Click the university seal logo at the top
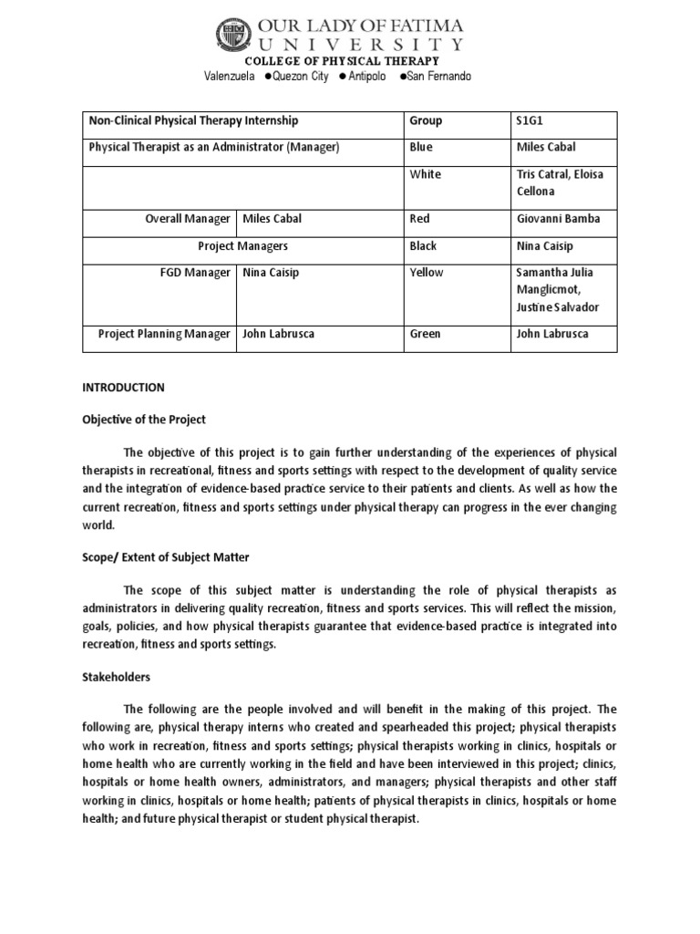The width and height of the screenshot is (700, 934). pos(232,36)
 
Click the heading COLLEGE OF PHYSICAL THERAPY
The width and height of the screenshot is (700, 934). pos(349,61)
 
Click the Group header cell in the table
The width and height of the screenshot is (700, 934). pos(426,120)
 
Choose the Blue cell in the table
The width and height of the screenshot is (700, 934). pos(422,147)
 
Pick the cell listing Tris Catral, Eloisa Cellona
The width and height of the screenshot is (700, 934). pos(561,182)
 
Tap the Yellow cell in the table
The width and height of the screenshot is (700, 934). pos(427,273)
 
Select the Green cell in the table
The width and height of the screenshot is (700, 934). pos(425,334)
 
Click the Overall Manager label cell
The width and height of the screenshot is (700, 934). pos(188,219)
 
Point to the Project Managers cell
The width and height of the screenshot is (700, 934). pos(242,246)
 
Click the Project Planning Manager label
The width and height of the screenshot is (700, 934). pos(164,334)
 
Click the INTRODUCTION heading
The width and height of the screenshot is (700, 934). pos(123,388)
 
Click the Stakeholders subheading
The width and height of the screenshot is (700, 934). pos(117,679)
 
